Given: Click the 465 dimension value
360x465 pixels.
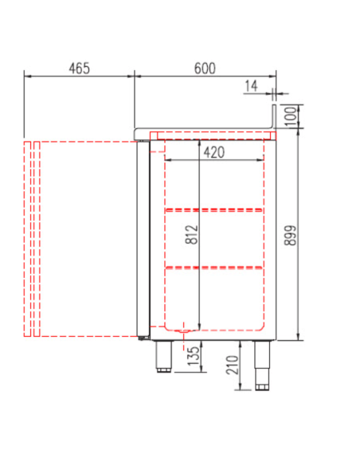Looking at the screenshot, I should (78, 68).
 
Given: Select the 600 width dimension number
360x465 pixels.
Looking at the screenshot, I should (205, 68).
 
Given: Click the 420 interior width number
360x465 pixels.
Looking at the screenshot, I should (214, 151).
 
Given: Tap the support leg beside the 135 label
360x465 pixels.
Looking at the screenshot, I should (164, 356).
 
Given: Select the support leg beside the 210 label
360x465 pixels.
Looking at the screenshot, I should (261, 365).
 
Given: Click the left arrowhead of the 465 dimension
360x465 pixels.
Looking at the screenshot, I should (27, 76).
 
